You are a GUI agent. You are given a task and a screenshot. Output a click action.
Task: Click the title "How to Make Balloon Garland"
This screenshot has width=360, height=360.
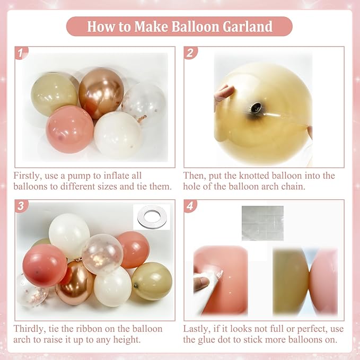pyautogui.click(x=179, y=26)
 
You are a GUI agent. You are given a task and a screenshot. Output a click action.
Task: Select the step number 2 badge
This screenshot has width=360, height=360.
pyautogui.click(x=190, y=52)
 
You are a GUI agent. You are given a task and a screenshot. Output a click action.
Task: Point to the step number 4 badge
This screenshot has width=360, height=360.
pyautogui.click(x=190, y=206)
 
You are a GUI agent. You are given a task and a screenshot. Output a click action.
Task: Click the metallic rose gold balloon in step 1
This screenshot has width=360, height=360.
pyautogui.click(x=101, y=92)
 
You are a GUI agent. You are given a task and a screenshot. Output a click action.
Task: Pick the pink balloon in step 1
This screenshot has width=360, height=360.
pyautogui.click(x=69, y=129)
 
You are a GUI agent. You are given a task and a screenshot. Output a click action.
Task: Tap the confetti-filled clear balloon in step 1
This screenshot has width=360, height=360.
pyautogui.click(x=144, y=104)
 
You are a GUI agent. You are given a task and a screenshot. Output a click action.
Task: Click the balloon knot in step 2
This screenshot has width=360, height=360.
pyautogui.click(x=257, y=108)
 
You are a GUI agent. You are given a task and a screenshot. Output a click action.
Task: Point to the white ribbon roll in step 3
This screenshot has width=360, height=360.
pyautogui.click(x=151, y=218)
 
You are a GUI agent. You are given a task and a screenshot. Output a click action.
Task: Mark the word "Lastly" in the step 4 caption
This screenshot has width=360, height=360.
pyautogui.click(x=197, y=329)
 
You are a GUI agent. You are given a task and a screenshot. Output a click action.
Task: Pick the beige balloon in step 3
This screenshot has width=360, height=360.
pyautogui.click(x=152, y=280)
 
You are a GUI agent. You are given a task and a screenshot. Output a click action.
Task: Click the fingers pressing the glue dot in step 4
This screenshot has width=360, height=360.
pyautogui.click(x=203, y=283)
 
